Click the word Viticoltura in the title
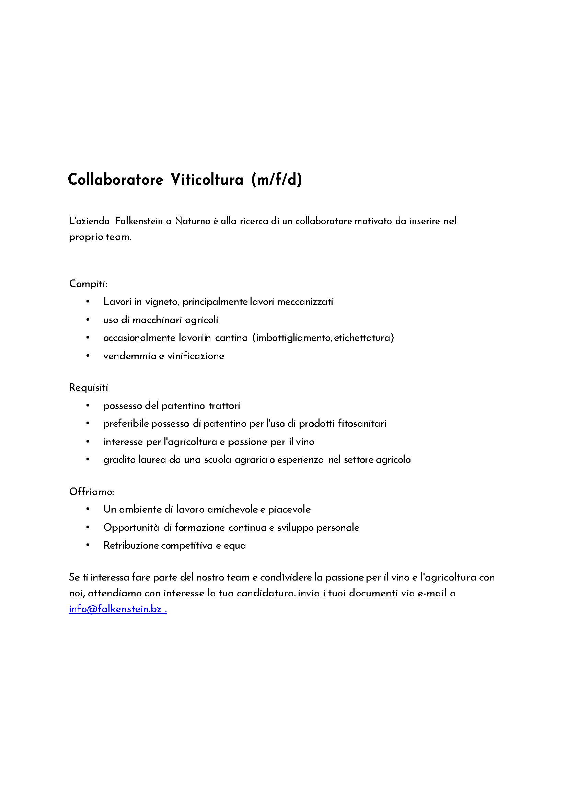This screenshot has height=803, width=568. [207, 180]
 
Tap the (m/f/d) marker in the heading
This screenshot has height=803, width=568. [276, 180]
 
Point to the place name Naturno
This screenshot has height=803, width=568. [192, 221]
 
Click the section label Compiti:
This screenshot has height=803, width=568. [88, 284]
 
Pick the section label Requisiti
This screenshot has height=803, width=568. [89, 387]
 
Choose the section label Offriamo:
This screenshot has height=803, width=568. [92, 492]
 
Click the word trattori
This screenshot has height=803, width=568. [224, 406]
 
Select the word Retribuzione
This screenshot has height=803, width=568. [131, 546]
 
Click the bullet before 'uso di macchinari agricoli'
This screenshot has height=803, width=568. [88, 320]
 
